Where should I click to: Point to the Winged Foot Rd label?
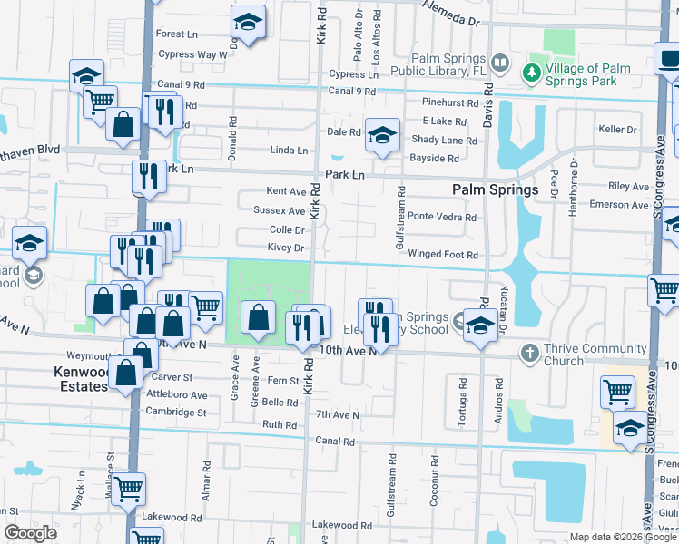[443, 255]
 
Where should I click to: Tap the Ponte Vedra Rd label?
[442, 217]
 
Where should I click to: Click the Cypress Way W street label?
[192, 54]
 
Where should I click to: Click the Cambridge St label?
[176, 412]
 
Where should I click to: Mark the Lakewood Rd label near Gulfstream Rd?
[335, 525]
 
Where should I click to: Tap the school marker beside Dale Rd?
[382, 134]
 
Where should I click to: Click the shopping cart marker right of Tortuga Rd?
[617, 392]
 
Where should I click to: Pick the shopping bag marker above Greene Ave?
[259, 317]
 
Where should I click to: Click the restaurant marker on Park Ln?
[148, 176]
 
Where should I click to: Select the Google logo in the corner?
[31, 533]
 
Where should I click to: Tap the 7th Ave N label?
[338, 414]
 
